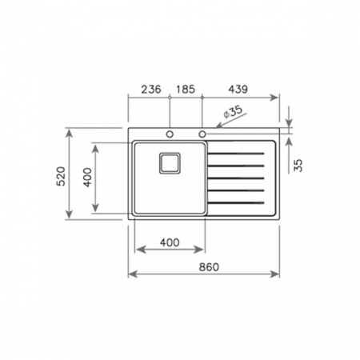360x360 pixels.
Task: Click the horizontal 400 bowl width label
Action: tap(170, 242)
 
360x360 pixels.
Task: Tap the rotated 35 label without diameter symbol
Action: tap(298, 166)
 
